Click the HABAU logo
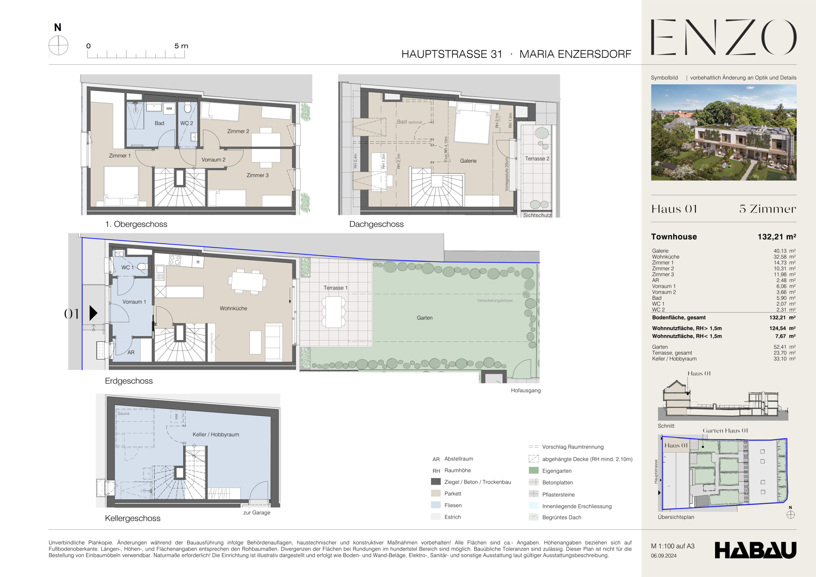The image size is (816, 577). (755, 550)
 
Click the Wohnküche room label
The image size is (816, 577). (233, 308)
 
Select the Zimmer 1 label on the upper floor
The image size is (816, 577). (120, 156)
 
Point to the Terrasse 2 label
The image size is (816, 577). (537, 159)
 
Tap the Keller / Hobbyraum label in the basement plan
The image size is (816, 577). (216, 434)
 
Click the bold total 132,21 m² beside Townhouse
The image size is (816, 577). (776, 237)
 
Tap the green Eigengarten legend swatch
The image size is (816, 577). (533, 471)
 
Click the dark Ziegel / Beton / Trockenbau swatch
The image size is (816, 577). (436, 482)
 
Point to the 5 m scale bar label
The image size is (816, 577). (181, 46)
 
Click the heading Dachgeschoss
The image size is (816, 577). (376, 224)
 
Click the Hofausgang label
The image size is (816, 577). (526, 390)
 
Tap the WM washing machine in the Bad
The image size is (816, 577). (169, 108)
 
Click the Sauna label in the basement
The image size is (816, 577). (123, 414)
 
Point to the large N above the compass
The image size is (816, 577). (58, 27)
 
